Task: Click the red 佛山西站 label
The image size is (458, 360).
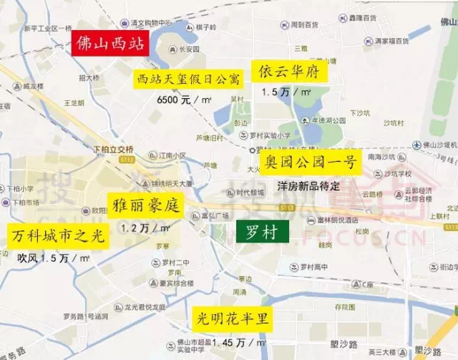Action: tap(109, 44)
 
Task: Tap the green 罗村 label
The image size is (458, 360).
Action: tap(262, 230)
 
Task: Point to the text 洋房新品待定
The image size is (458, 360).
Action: tap(308, 185)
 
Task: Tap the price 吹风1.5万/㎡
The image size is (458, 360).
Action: tap(54, 258)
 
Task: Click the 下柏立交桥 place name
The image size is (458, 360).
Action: tap(114, 150)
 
